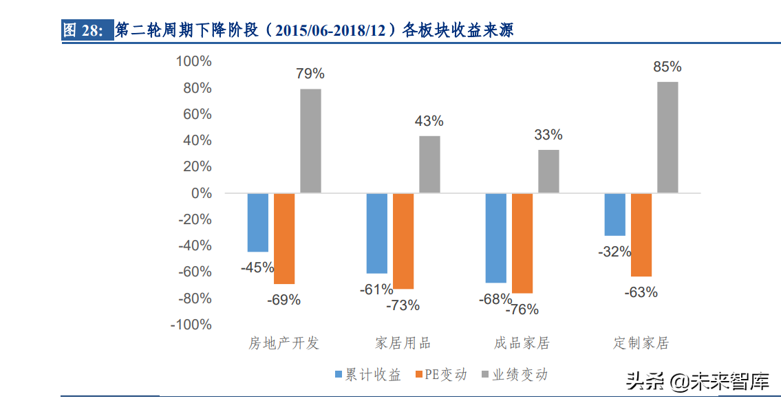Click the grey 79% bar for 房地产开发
click(x=310, y=141)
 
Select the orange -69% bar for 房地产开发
click(x=284, y=239)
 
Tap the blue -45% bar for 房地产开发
click(x=258, y=222)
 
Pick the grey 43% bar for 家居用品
click(x=429, y=164)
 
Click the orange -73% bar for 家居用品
click(x=403, y=241)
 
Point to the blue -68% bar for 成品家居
click(x=495, y=238)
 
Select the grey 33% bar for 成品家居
click(x=548, y=171)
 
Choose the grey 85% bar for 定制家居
click(x=667, y=137)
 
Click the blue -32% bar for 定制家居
click(x=614, y=215)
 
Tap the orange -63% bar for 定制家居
click(x=641, y=235)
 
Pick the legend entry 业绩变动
click(x=514, y=375)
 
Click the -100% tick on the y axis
click(x=191, y=325)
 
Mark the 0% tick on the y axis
click(x=201, y=193)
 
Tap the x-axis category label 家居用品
click(x=403, y=343)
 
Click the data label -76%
click(x=522, y=310)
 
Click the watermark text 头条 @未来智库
click(x=696, y=381)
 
